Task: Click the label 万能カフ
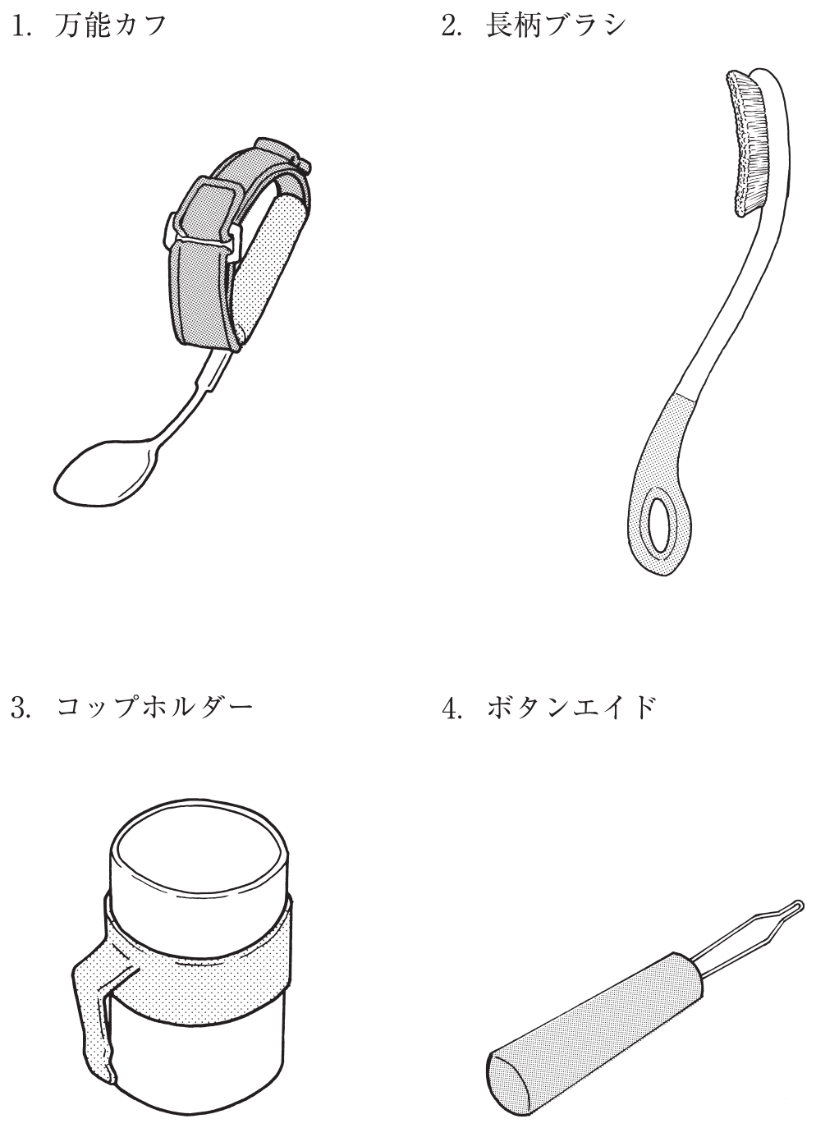[x=110, y=26]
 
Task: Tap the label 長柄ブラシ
[x=556, y=26]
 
